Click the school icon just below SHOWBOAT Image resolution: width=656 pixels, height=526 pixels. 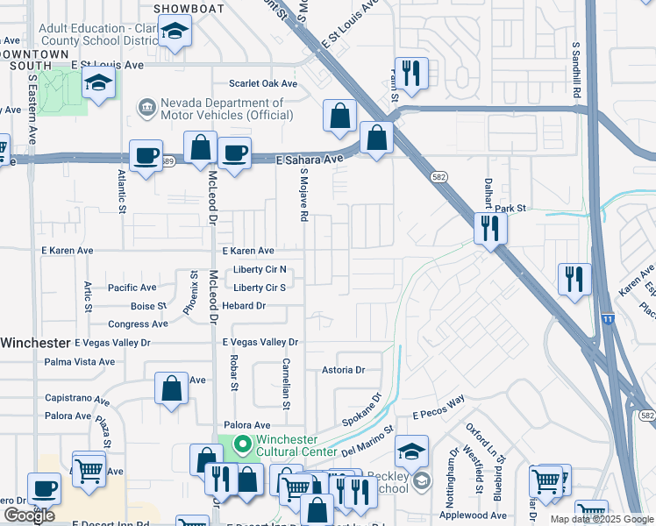(175, 32)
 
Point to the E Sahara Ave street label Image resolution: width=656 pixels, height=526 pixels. (309, 160)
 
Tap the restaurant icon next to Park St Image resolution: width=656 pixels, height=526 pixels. (488, 228)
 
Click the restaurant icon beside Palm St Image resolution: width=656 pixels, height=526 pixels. (410, 71)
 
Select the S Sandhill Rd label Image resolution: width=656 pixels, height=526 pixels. (577, 69)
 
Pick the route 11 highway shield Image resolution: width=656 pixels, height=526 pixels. (608, 319)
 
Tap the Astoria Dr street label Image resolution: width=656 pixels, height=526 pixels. (342, 370)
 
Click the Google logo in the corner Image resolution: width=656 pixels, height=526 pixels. (29, 515)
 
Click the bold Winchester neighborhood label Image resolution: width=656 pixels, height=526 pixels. (35, 342)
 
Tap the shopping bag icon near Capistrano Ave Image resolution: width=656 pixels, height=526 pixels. (172, 387)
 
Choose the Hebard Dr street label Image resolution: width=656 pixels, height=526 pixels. (243, 306)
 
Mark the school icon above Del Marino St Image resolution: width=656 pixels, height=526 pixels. (411, 451)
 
